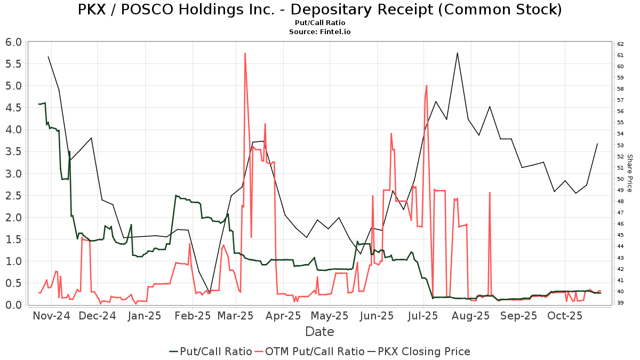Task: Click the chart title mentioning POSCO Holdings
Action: [319, 10]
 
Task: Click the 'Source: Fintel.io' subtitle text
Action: [319, 32]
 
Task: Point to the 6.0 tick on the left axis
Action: [14, 42]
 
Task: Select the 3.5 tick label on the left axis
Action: [14, 151]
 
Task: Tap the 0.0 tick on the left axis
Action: [14, 305]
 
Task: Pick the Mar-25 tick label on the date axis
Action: [236, 316]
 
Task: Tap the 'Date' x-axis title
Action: [319, 332]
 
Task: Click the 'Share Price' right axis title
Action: [629, 173]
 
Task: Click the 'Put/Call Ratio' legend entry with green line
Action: [211, 351]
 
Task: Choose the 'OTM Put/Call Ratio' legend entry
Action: [309, 351]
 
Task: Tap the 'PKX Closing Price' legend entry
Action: [424, 351]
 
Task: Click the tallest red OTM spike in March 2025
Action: [245, 53]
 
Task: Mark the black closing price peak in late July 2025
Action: [457, 53]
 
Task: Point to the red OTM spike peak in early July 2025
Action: [427, 85]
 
